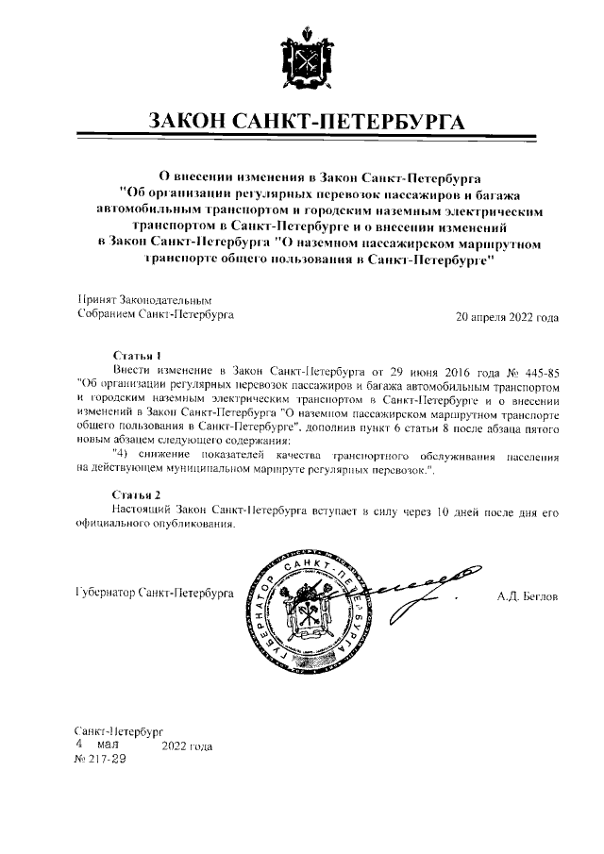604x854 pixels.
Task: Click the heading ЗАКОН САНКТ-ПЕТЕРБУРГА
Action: click(302, 124)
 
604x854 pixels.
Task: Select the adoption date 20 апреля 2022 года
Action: click(507, 317)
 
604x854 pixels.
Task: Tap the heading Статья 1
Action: click(136, 355)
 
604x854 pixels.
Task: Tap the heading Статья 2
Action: click(136, 494)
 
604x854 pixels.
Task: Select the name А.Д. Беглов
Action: click(528, 596)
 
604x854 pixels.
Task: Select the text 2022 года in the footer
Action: click(187, 746)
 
